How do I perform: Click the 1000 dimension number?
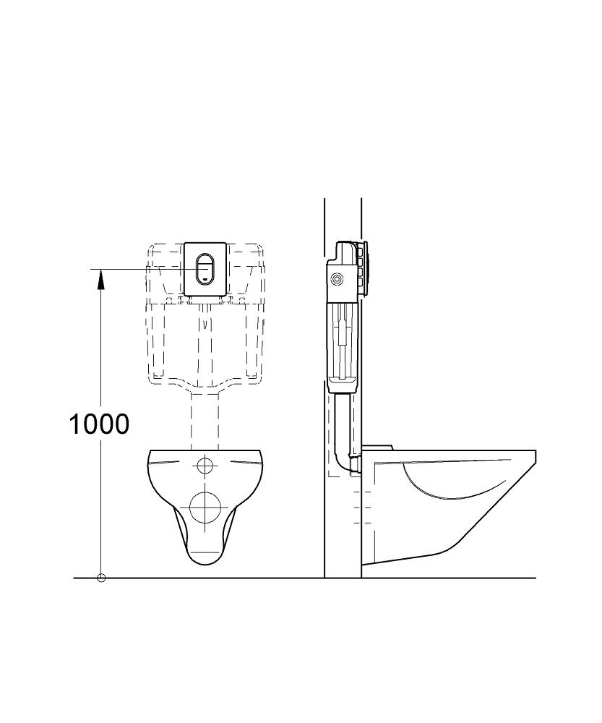[x=99, y=424]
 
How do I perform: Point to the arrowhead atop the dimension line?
[x=100, y=279]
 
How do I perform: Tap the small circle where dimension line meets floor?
[x=101, y=578]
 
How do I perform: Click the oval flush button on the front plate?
[x=205, y=269]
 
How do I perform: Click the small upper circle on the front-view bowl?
[x=205, y=466]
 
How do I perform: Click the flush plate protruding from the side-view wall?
[x=366, y=268]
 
